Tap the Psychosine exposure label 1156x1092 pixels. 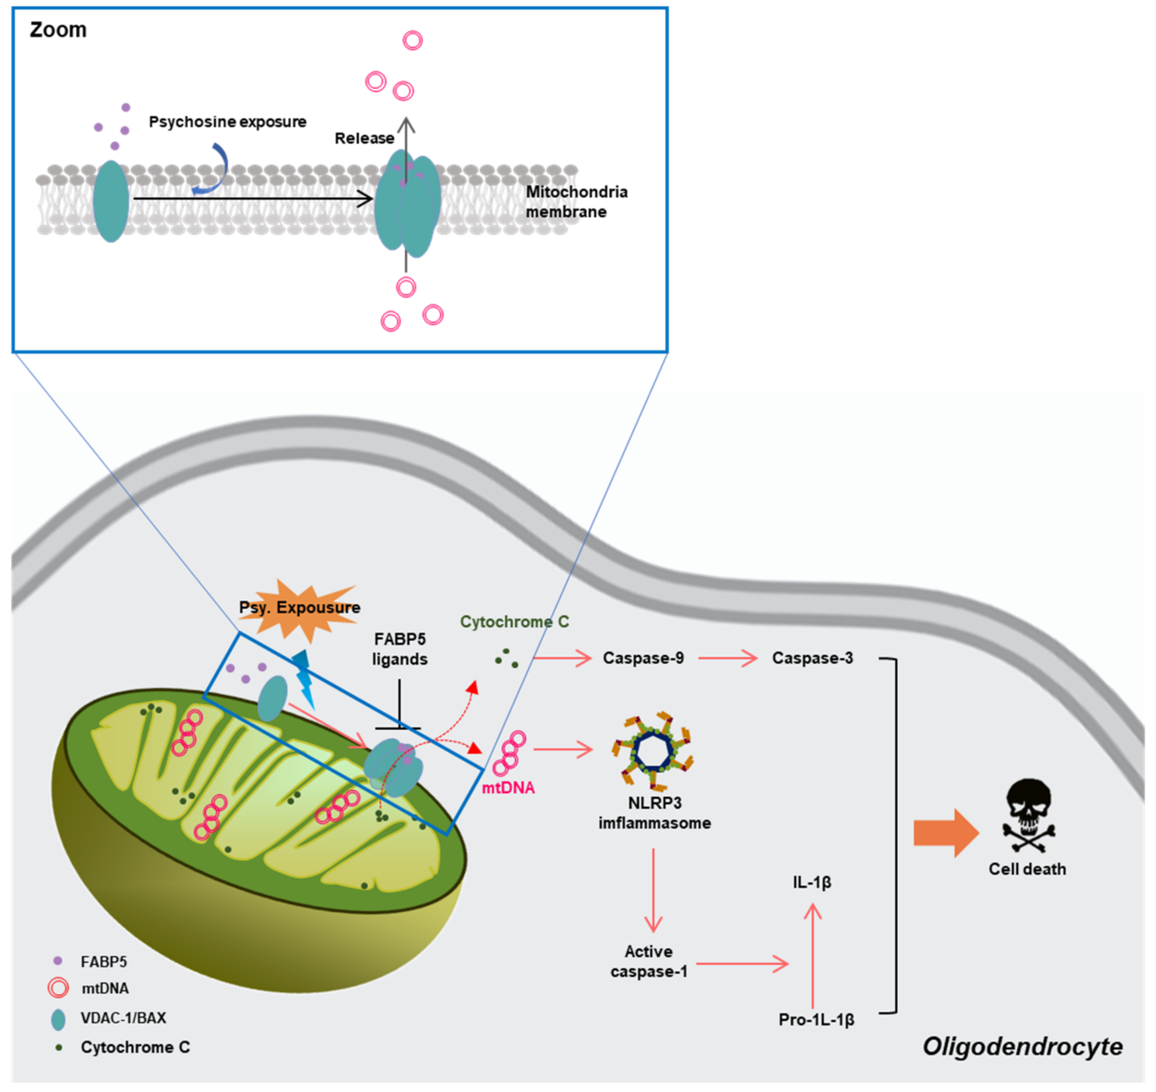(228, 122)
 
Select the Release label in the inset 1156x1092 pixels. (364, 139)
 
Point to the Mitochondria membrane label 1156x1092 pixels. (576, 202)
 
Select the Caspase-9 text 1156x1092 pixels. (643, 658)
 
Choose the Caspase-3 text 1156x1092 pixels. (812, 658)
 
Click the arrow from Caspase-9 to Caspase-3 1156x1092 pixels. (727, 658)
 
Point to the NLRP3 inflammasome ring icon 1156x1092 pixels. (652, 751)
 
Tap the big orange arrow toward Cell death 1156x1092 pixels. (945, 833)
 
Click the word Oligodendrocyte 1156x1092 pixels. (1022, 1047)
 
